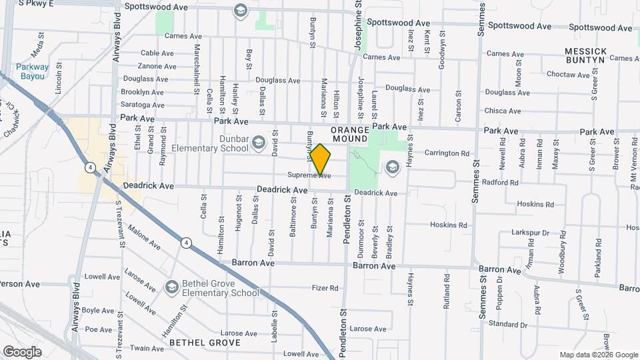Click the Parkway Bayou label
(32, 71)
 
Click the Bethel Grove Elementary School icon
(172, 287)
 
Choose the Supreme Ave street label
(309, 175)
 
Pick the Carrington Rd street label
(447, 153)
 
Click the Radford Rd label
(499, 183)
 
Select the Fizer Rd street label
(325, 289)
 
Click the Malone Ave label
(145, 241)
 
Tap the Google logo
(22, 351)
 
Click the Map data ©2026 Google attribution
(598, 355)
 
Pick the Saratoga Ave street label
(142, 105)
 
